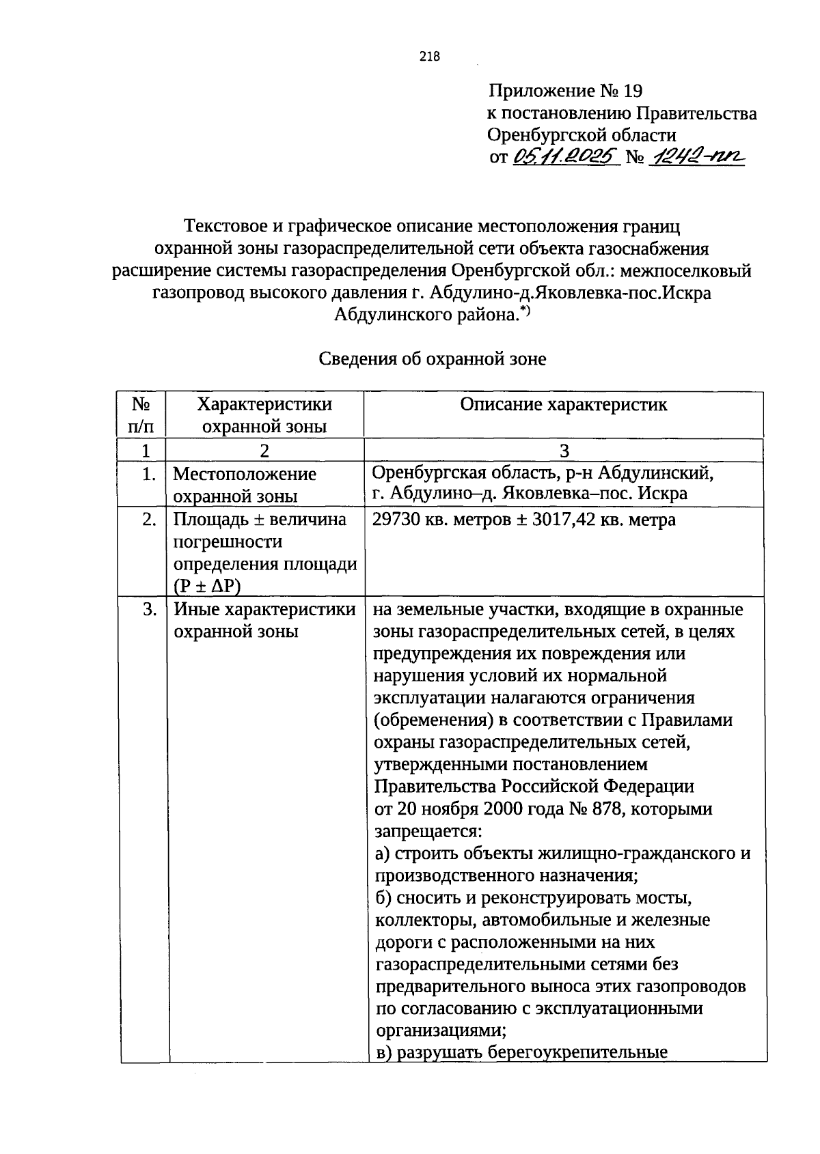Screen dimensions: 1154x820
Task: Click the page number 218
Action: point(430,57)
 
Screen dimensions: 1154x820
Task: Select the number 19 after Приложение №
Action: point(633,91)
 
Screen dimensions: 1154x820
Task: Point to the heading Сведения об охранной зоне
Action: point(433,359)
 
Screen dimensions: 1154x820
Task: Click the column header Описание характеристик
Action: point(564,404)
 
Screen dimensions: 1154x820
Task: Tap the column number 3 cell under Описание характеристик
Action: point(564,450)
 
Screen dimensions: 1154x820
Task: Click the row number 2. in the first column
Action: point(149,520)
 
